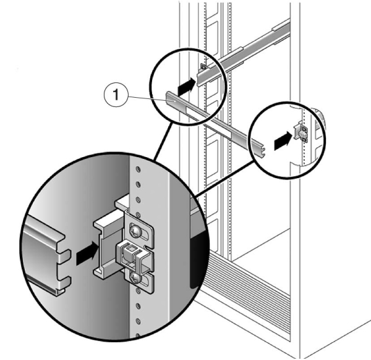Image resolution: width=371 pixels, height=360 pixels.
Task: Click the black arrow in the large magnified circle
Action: point(86,252)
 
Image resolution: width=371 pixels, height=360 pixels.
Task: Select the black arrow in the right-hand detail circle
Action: point(282,140)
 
